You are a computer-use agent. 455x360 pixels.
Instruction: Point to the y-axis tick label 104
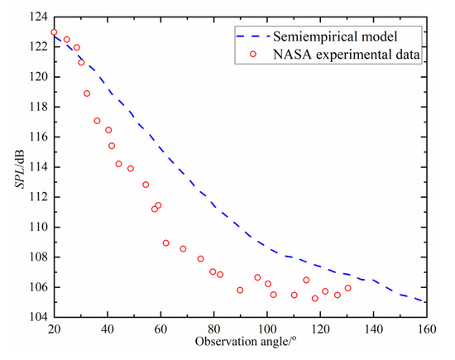click(37, 317)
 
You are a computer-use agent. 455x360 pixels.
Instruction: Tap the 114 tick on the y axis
click(37, 166)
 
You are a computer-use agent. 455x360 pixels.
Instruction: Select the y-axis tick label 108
click(37, 257)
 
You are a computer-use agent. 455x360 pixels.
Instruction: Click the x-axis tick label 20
click(54, 329)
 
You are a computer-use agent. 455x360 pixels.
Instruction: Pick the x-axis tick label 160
click(427, 329)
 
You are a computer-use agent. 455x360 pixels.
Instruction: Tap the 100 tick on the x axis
click(267, 329)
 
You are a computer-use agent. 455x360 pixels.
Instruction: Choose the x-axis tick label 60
click(160, 329)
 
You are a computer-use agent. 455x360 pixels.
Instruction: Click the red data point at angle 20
click(54, 33)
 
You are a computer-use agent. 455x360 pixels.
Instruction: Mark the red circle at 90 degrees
click(240, 290)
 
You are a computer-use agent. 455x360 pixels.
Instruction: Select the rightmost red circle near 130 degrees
click(347, 288)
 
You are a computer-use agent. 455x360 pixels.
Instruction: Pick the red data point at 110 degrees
click(294, 295)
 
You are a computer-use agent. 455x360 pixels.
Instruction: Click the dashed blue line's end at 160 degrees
click(427, 303)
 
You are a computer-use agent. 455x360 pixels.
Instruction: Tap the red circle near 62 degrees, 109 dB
click(166, 243)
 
